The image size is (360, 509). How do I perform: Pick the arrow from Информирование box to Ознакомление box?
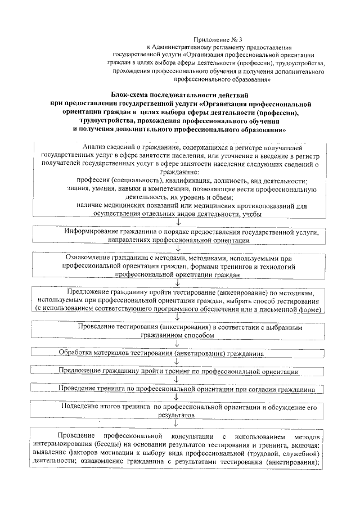[x=178, y=247]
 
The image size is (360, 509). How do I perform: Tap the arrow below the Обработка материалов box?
[x=178, y=363]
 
